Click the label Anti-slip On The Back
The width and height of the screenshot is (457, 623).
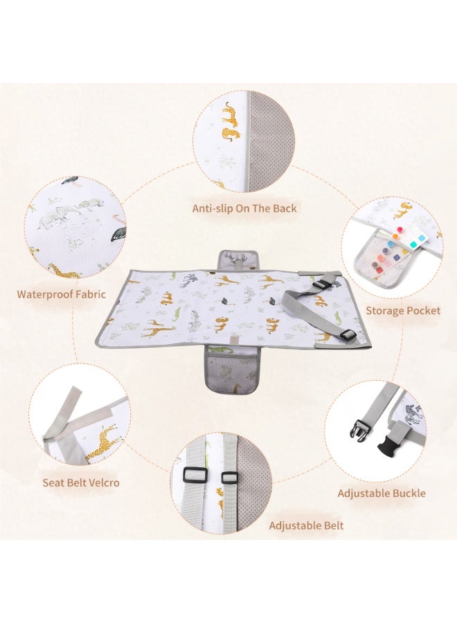pos(244,208)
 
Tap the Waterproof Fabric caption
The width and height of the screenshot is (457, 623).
pos(62,294)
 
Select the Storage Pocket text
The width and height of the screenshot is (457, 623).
pos(403,310)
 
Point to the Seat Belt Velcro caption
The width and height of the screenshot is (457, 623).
pos(81,482)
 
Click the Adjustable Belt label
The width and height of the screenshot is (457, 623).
pos(306,525)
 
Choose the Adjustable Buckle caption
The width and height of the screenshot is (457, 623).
pos(382,494)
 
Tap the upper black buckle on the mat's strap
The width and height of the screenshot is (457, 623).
pos(327,284)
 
